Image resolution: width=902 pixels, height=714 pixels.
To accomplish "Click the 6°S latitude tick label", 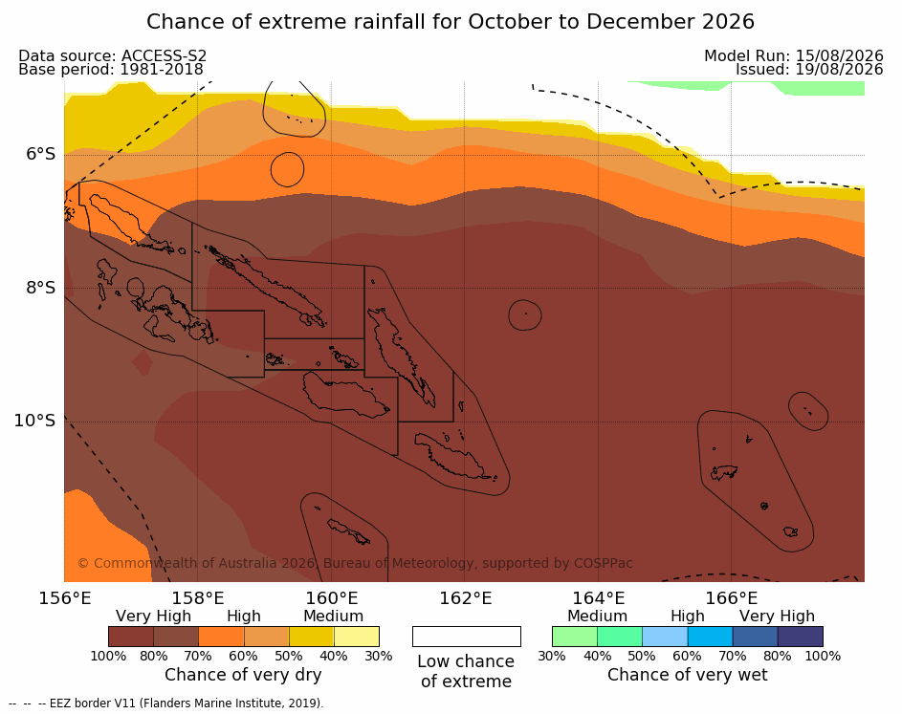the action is point(41,154).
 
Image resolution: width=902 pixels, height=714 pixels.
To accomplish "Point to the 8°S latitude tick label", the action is point(41,288).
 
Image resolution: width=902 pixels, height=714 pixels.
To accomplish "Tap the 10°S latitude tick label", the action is point(35,421).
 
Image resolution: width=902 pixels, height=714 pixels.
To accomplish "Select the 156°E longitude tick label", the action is point(65,598).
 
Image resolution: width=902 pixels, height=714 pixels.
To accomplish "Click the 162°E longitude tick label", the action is point(466,598).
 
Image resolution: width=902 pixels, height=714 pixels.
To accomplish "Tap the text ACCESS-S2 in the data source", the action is point(164,55).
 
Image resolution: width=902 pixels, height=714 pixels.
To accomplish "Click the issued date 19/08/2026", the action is point(839,70).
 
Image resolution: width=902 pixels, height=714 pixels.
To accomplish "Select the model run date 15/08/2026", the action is point(839,55).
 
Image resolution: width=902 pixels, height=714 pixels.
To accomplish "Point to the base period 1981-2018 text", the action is point(162,70).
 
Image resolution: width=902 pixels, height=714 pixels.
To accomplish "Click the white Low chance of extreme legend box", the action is point(467,637).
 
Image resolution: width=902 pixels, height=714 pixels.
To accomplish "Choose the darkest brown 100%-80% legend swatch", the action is point(131,637).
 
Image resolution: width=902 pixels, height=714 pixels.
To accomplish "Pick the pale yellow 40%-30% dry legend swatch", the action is point(357,637).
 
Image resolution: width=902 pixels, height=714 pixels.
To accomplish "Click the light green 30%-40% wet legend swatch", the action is point(575,637).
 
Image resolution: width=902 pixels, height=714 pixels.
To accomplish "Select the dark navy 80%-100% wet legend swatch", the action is point(801,637).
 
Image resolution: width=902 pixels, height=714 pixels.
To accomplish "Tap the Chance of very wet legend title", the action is point(688,675).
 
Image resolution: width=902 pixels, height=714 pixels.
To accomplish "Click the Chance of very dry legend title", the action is point(243,675).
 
